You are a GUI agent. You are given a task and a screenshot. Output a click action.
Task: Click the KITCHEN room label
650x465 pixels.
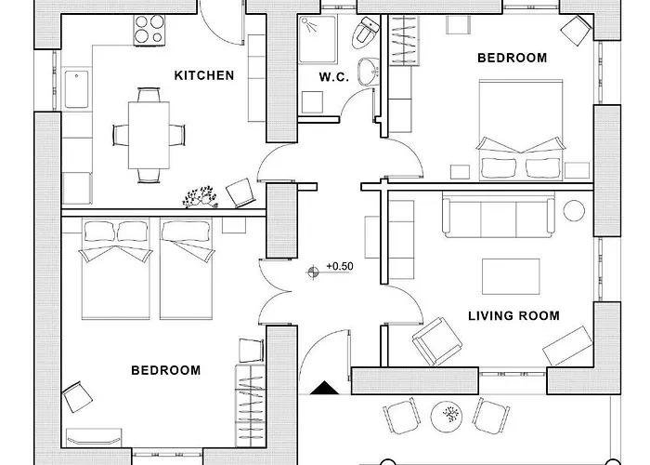click(204, 75)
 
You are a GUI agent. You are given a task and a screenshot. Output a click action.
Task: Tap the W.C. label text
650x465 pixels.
click(333, 77)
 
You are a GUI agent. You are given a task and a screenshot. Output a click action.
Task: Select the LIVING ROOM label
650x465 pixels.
click(513, 316)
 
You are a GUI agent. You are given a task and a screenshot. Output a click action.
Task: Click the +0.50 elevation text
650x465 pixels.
click(340, 266)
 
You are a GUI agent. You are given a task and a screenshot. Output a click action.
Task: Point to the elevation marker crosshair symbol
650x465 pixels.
click(313, 272)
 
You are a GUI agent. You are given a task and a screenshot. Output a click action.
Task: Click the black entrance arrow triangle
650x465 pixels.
click(325, 388)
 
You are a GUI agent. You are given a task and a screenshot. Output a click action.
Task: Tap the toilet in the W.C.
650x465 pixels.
click(365, 32)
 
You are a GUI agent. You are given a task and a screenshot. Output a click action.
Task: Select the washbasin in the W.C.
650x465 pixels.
click(369, 73)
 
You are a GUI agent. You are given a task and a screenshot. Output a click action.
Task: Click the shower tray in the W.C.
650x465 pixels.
click(318, 39)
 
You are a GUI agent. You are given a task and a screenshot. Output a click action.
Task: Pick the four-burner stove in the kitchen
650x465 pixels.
click(149, 30)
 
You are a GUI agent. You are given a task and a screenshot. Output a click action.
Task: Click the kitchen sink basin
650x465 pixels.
click(77, 89)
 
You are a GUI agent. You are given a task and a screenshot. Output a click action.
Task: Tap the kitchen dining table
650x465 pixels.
click(149, 136)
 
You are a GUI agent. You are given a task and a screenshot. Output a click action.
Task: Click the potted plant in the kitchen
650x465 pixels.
click(201, 197)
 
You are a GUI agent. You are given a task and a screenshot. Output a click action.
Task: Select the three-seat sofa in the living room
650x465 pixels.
click(499, 216)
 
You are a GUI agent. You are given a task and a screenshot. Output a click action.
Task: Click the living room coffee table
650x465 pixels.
click(511, 276)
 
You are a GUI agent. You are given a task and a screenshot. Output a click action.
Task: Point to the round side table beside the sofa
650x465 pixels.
click(574, 211)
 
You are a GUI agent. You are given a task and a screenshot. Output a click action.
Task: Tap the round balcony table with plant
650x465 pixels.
click(447, 417)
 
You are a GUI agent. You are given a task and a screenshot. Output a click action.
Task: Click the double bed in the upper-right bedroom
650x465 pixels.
click(521, 130)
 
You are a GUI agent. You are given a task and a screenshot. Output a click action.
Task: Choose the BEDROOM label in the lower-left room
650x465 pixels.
click(166, 370)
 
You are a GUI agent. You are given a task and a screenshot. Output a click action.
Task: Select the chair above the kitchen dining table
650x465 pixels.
click(149, 95)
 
